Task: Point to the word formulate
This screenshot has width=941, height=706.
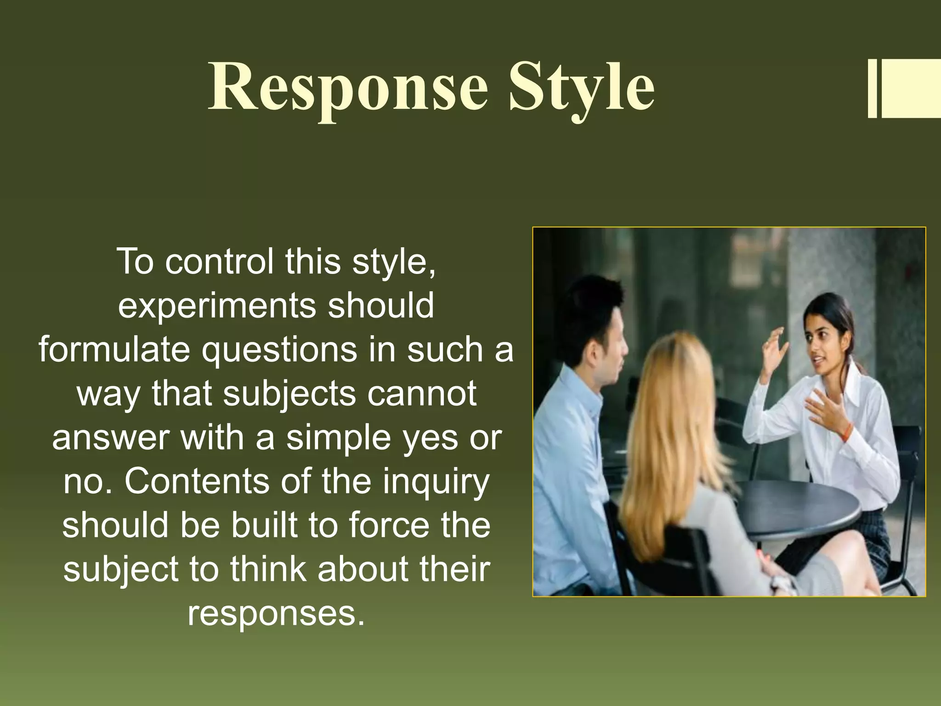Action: click(114, 350)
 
